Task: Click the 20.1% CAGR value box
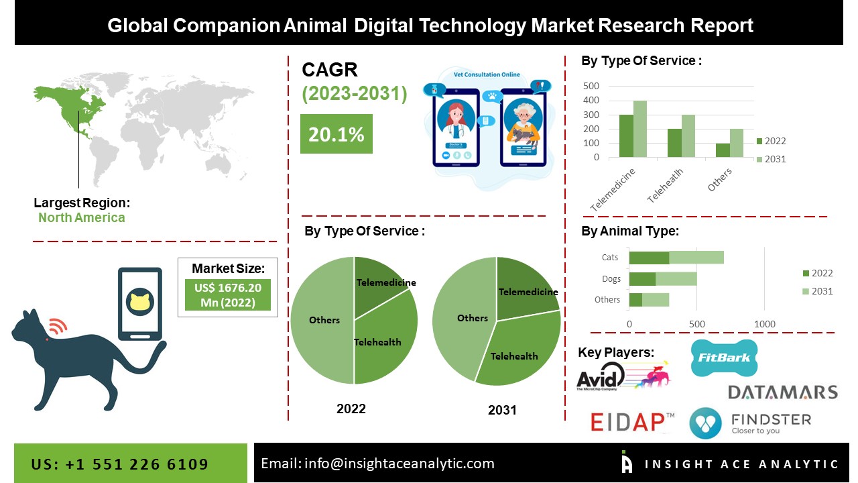pyautogui.click(x=336, y=134)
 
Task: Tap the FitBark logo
pyautogui.click(x=724, y=358)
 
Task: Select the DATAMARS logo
pyautogui.click(x=782, y=392)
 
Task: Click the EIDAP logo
pyautogui.click(x=632, y=422)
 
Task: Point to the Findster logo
pyautogui.click(x=750, y=423)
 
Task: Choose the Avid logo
pyautogui.click(x=621, y=376)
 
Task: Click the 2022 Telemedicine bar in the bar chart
pyautogui.click(x=626, y=136)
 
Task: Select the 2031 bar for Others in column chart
pyautogui.click(x=737, y=143)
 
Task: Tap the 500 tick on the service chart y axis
pyautogui.click(x=591, y=86)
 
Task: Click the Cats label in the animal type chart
pyautogui.click(x=610, y=258)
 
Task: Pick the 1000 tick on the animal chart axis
pyautogui.click(x=765, y=325)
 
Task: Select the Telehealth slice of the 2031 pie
pyautogui.click(x=517, y=352)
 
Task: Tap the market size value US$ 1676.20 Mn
pyautogui.click(x=228, y=295)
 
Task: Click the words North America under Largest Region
pyautogui.click(x=81, y=217)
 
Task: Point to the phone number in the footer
pyautogui.click(x=120, y=464)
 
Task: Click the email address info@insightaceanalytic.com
pyautogui.click(x=377, y=464)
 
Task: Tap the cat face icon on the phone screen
pyautogui.click(x=140, y=302)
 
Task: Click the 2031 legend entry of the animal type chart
pyautogui.click(x=817, y=291)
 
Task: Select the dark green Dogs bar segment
pyautogui.click(x=642, y=279)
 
